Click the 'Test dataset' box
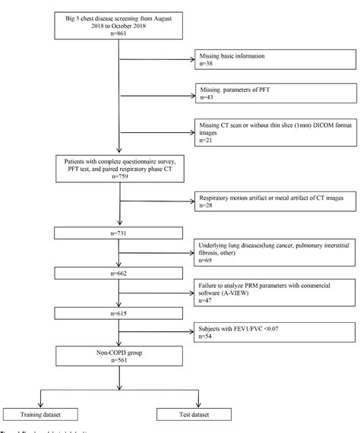[x=182, y=414]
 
